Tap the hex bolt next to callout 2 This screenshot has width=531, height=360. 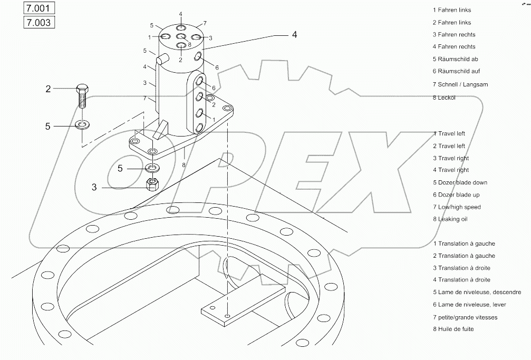[82, 95]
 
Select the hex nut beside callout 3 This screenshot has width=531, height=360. [152, 184]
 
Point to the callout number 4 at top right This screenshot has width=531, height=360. [294, 35]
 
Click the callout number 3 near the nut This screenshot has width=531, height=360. [94, 187]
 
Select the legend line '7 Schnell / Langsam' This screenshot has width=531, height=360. [460, 84]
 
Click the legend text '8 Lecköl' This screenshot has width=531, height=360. [444, 98]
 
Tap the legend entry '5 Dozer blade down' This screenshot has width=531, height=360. [460, 182]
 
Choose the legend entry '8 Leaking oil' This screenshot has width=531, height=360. [450, 219]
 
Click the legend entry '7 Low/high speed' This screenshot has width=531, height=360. [457, 207]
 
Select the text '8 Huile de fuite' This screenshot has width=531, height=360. [453, 329]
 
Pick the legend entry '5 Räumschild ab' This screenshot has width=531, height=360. [455, 59]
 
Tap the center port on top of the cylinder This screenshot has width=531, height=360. [180, 36]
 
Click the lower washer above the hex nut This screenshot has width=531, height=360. [152, 169]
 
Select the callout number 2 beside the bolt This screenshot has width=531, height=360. [48, 89]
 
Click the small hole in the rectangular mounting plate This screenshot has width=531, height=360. [227, 315]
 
